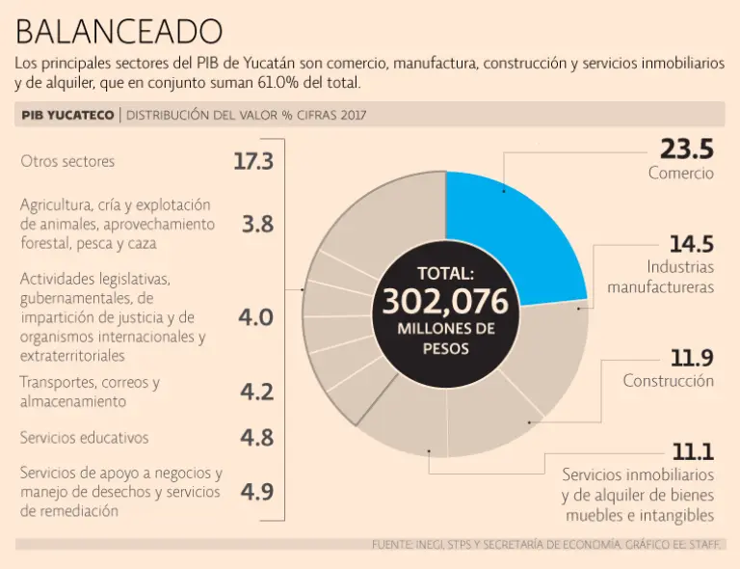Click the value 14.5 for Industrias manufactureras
(x=691, y=244)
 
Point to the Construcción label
(x=668, y=381)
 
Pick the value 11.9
(x=692, y=359)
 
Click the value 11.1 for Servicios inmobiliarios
(x=692, y=451)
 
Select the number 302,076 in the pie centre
(x=445, y=302)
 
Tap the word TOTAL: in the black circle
(x=445, y=273)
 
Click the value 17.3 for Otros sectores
(x=253, y=161)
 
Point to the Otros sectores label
(x=67, y=162)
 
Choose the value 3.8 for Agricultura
(x=257, y=224)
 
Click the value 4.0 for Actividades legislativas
(x=256, y=317)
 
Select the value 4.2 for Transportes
(x=256, y=392)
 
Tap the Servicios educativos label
(x=85, y=437)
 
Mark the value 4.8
(x=256, y=437)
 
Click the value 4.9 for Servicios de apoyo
(x=256, y=492)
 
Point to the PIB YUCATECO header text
(x=66, y=116)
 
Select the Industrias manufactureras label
(x=661, y=277)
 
